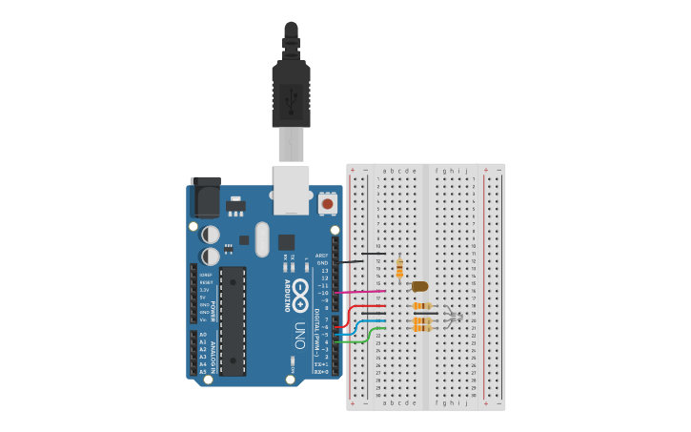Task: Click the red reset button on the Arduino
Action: [328, 203]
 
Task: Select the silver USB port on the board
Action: [291, 189]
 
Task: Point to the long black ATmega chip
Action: [233, 320]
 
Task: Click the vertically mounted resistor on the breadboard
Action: [399, 269]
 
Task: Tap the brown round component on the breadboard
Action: [419, 286]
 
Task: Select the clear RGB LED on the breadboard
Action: [454, 318]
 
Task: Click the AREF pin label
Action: [322, 256]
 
